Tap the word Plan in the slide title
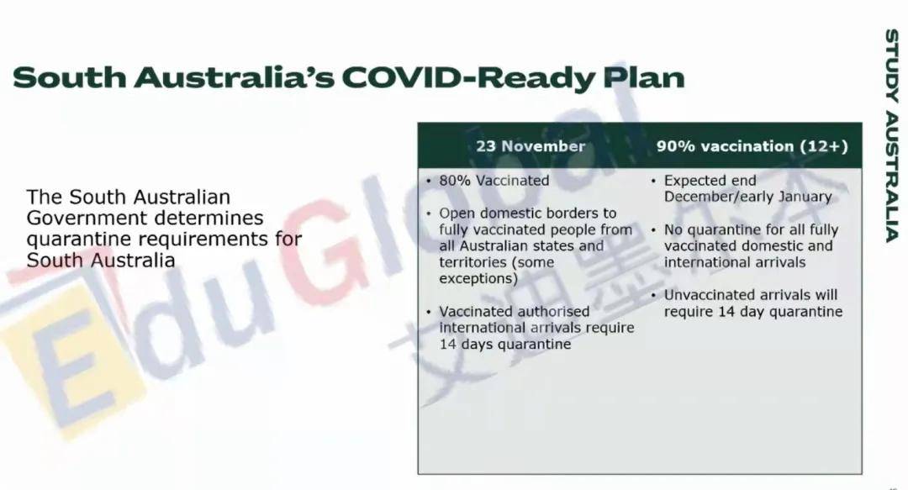click(x=644, y=77)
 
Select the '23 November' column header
click(x=531, y=146)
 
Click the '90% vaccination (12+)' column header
click(x=752, y=146)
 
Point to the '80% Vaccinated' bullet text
click(x=494, y=181)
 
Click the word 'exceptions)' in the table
click(x=478, y=279)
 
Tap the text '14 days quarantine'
click(x=505, y=344)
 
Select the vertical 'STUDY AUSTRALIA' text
click(x=892, y=135)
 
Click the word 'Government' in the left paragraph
click(x=87, y=219)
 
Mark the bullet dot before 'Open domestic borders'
click(x=429, y=213)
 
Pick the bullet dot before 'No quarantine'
click(x=653, y=230)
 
